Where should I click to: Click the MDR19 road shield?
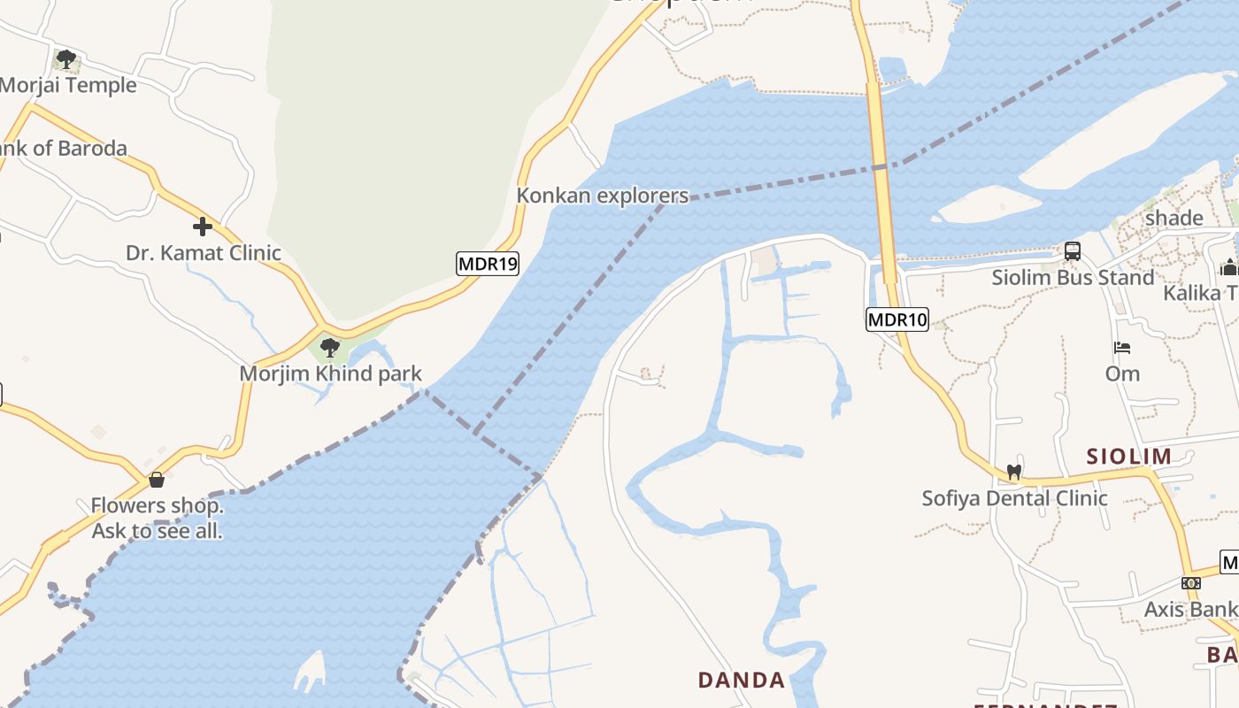[x=487, y=264]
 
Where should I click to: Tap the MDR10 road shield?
[x=897, y=319]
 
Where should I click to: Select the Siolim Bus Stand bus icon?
[x=1073, y=251]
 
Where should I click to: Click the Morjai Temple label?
[x=68, y=86]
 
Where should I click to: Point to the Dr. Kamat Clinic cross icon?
[x=203, y=227]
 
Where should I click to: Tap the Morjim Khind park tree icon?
[x=330, y=348]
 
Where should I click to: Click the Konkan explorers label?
[x=602, y=196]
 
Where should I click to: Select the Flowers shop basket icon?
[x=157, y=481]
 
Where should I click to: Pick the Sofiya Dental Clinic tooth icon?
[x=1014, y=473]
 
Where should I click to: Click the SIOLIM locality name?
[x=1129, y=457]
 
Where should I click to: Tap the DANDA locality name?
[x=742, y=681]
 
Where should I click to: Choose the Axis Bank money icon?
[x=1191, y=583]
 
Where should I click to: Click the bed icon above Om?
[x=1122, y=348]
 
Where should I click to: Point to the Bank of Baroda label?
[x=64, y=149]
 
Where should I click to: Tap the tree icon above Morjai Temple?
[x=65, y=60]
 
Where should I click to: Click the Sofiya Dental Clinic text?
[x=1014, y=498]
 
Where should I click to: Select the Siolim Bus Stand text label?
[x=1073, y=278]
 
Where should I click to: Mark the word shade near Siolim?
[x=1174, y=219]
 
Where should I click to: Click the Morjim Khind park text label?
[x=330, y=373]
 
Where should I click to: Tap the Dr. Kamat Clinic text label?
[x=203, y=253]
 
